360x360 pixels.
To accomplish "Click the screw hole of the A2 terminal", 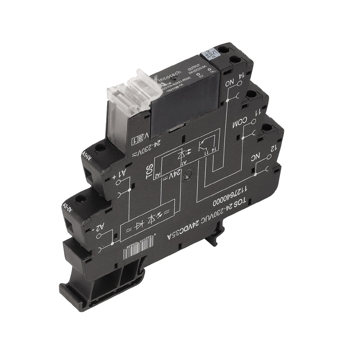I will [82, 198].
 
